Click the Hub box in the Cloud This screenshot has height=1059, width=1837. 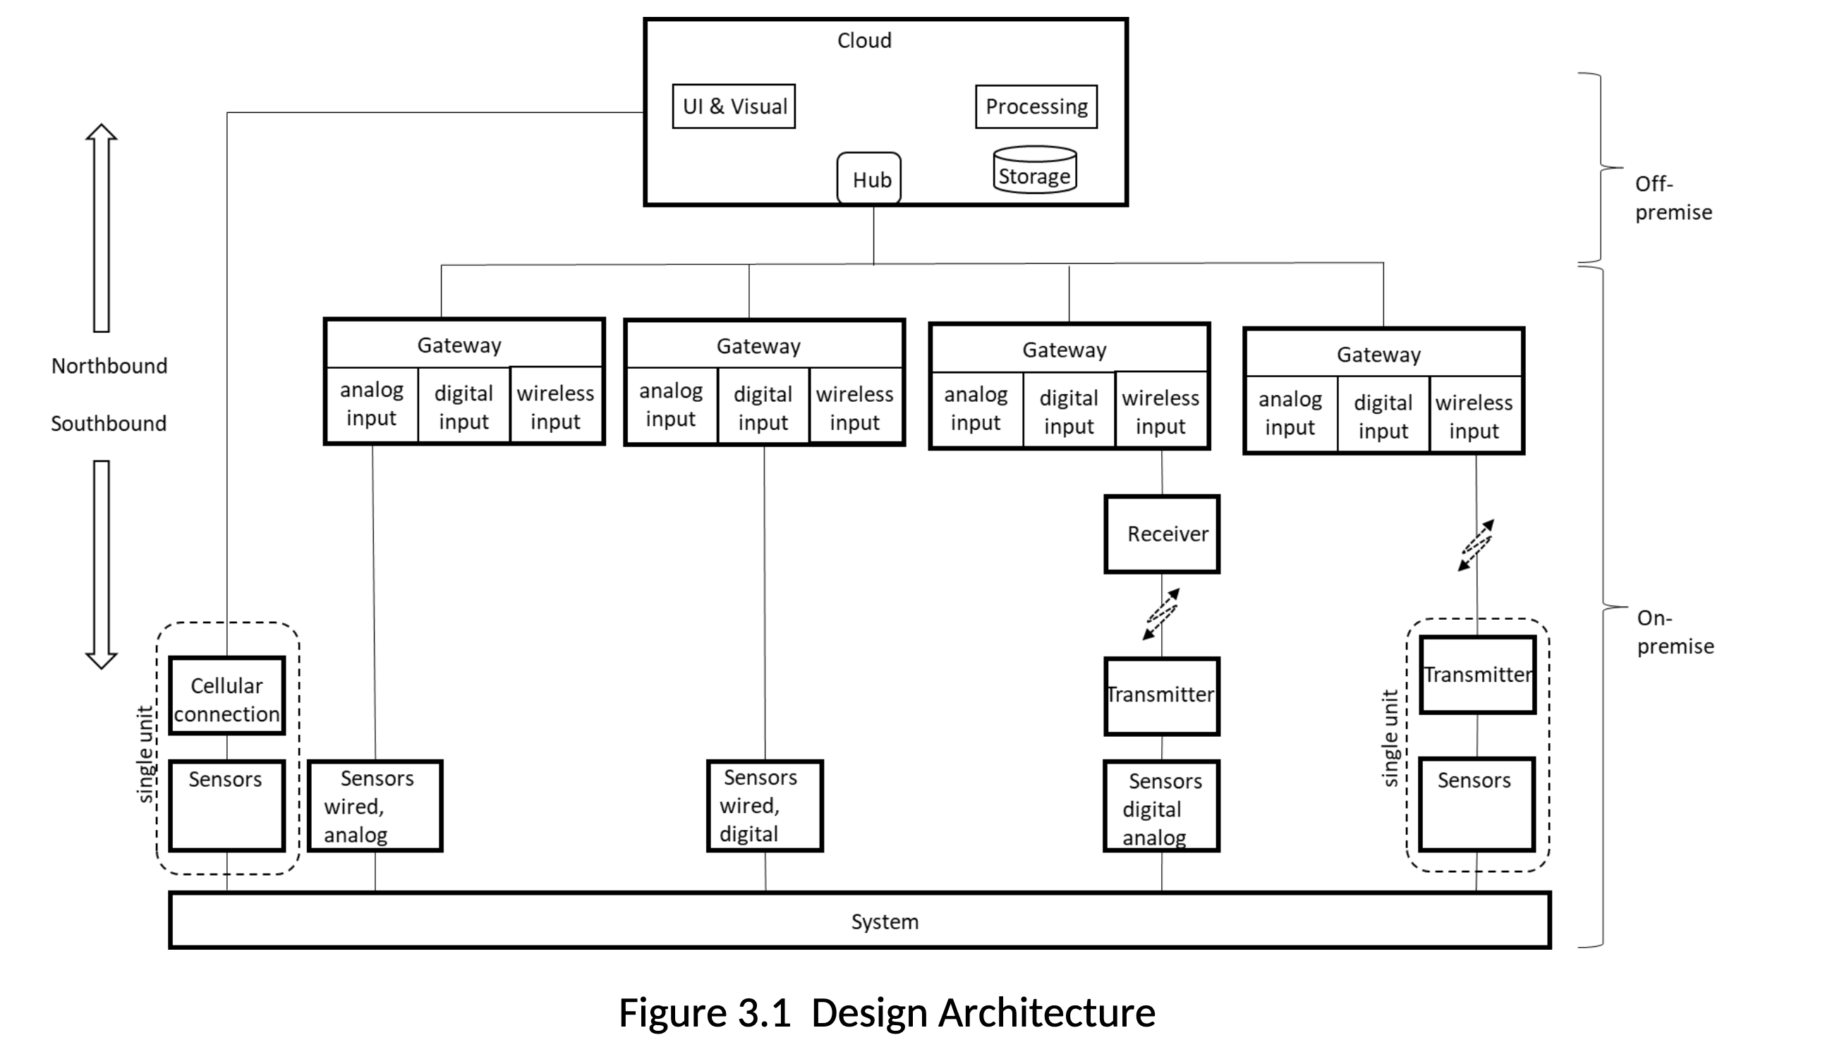[x=868, y=178]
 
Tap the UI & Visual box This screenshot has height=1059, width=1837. [x=734, y=106]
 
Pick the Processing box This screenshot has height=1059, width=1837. [x=1036, y=106]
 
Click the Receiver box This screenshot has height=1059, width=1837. [x=1161, y=534]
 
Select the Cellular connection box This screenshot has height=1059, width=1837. [x=227, y=696]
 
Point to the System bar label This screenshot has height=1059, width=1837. [x=885, y=922]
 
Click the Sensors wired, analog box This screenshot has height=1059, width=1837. [x=375, y=806]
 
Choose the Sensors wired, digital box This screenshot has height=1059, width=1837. [x=765, y=806]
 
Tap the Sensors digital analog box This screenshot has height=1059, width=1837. [x=1161, y=806]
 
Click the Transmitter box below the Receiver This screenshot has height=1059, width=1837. [x=1161, y=697]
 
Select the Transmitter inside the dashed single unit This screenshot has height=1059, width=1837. [x=1478, y=675]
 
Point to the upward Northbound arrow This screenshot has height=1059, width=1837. [x=101, y=228]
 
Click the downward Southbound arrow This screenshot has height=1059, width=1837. [x=101, y=565]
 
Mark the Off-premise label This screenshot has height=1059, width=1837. [x=1673, y=198]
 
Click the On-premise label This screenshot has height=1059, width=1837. [x=1675, y=632]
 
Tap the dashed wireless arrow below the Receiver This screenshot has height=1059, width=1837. [x=1161, y=614]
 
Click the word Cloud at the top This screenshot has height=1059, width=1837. [x=864, y=40]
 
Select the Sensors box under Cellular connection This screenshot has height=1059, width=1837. [x=227, y=806]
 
